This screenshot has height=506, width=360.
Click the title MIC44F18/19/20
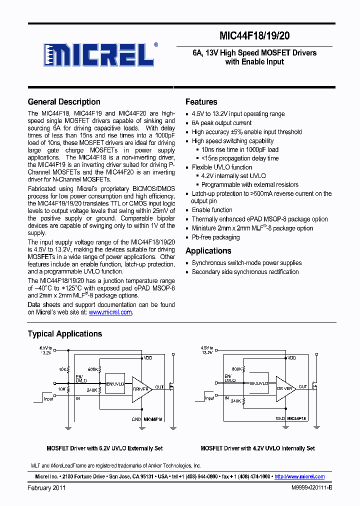coord(254,35)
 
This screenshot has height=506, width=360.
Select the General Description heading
coord(64,102)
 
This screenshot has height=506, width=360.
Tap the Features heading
coord(201,102)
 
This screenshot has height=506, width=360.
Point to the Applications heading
coord(208,251)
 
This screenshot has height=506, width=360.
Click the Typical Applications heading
coord(65,334)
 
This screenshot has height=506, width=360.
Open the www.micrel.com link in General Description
coord(110,312)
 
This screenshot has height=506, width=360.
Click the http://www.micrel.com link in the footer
coord(299,476)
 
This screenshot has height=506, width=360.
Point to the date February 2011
coord(46,487)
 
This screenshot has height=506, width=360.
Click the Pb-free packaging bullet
coord(215,237)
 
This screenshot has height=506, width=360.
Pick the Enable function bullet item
coord(212,210)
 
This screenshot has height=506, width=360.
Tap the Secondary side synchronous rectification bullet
coord(245,272)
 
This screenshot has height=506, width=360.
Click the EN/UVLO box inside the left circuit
coord(115,383)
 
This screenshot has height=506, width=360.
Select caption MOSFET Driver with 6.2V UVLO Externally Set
coord(104,448)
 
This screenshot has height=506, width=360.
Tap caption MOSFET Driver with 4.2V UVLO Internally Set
coord(257,448)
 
